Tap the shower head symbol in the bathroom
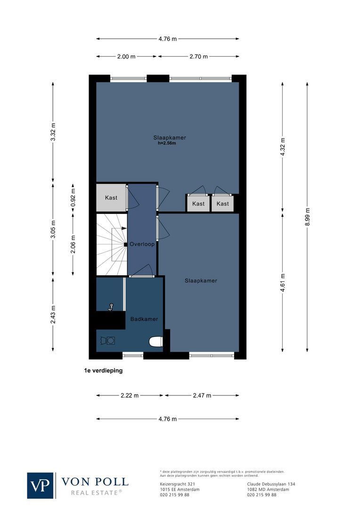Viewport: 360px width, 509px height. [x=111, y=307]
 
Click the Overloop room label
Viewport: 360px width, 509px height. [x=142, y=245]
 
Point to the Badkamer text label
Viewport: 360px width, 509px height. [x=144, y=319]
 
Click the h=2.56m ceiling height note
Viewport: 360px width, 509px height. [x=167, y=143]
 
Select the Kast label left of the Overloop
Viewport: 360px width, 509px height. [x=111, y=198]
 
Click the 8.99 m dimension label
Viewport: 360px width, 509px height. [x=307, y=217]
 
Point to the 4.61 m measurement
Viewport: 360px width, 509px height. [x=283, y=283]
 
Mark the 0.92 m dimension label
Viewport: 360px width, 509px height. [x=73, y=198]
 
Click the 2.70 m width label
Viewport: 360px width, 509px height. [x=198, y=57]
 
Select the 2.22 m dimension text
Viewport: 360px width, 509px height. [x=130, y=395]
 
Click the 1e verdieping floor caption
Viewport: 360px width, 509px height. [x=100, y=371]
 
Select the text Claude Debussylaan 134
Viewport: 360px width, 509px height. [x=271, y=484]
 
